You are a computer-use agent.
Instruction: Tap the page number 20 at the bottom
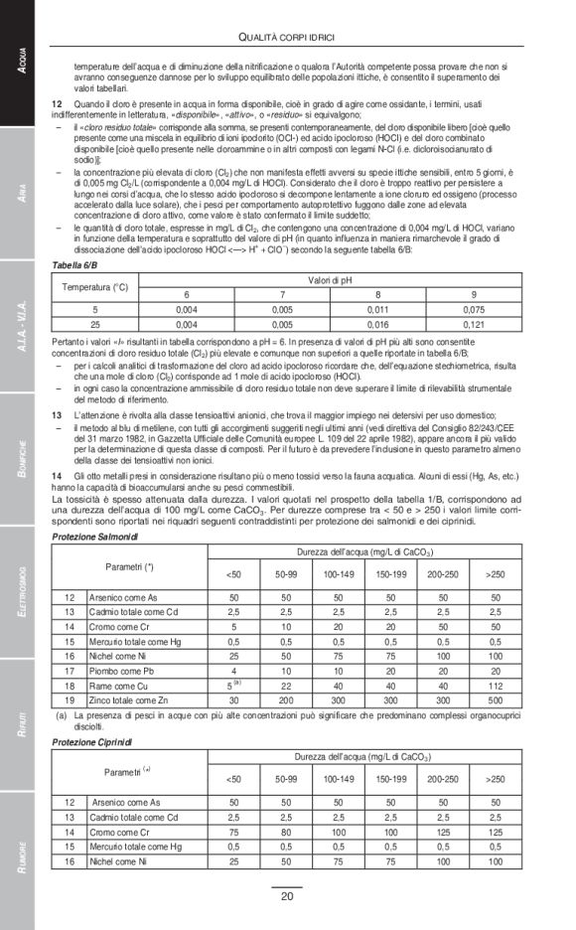[x=287, y=896]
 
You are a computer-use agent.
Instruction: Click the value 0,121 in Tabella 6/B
[x=473, y=324]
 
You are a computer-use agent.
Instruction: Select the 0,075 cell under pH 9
[x=473, y=309]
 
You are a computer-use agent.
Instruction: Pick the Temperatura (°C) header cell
[x=95, y=287]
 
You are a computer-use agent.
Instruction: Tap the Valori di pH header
[x=330, y=280]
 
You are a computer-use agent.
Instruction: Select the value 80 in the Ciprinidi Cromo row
[x=286, y=831]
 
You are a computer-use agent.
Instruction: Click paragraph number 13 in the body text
[x=57, y=412]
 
